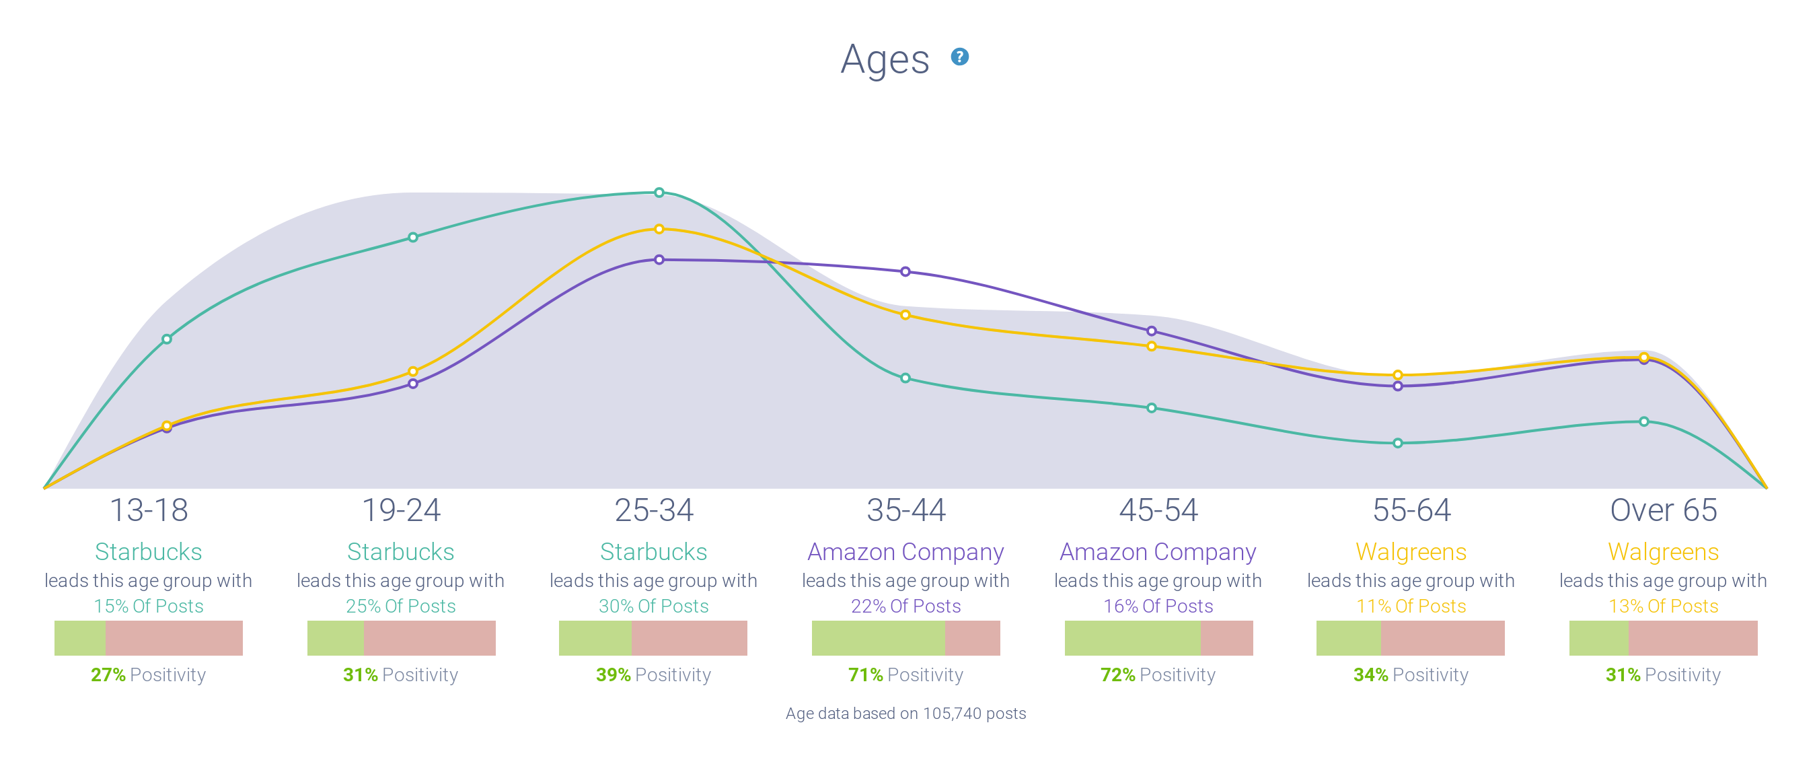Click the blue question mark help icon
click(959, 57)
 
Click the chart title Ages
click(885, 59)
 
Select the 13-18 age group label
click(149, 510)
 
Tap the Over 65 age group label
click(1663, 510)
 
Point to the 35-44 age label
click(905, 510)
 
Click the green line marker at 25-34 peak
click(659, 192)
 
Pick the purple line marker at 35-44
click(905, 272)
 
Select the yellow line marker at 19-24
click(412, 371)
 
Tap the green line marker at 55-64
click(1397, 443)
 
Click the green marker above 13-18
click(166, 339)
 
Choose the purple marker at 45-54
click(1151, 331)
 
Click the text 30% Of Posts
click(653, 606)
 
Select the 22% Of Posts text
click(905, 606)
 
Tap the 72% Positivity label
click(1158, 675)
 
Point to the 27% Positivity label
click(148, 675)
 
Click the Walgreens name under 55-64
click(1411, 552)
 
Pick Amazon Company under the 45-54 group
click(1158, 552)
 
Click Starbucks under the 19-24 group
click(401, 552)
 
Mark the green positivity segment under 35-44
click(878, 638)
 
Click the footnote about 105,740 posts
click(905, 714)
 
